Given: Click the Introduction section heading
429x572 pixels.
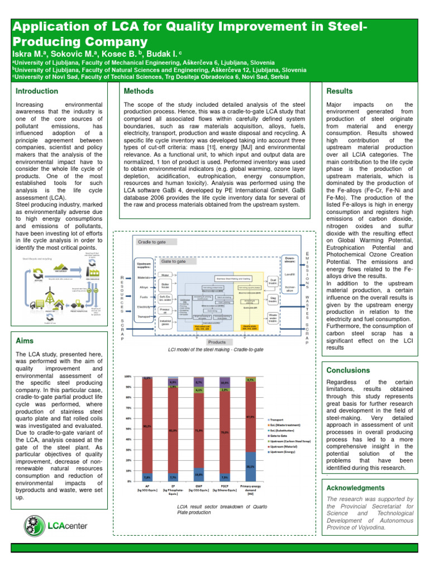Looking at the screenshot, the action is (x=36, y=91).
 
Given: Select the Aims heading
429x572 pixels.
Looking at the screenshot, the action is (x=25, y=340).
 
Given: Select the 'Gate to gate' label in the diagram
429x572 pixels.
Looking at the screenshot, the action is (x=173, y=261).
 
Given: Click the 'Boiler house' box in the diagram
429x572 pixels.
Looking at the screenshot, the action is (x=165, y=287).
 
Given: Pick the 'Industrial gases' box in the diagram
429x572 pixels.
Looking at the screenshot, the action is (x=165, y=322).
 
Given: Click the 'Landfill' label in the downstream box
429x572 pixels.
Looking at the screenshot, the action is (x=290, y=274).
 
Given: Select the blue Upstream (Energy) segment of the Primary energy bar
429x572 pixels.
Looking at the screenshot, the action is (x=251, y=466).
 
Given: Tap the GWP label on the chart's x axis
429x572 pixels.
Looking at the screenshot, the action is (x=199, y=487).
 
